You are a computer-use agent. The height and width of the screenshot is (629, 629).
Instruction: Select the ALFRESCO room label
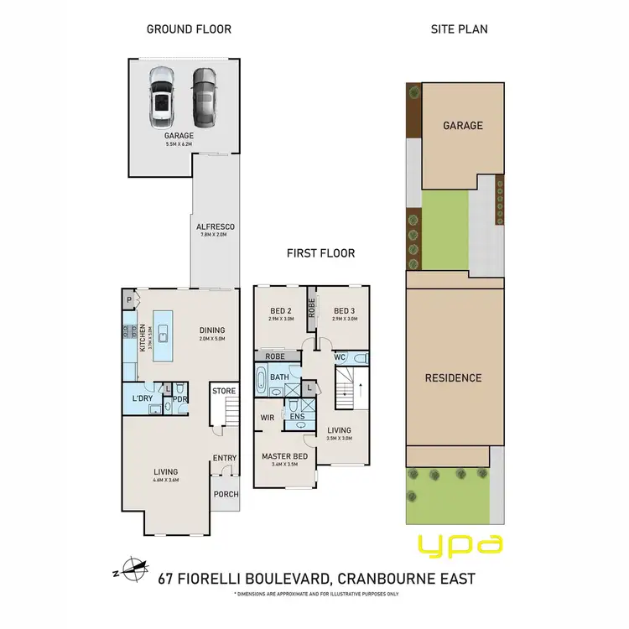(215, 226)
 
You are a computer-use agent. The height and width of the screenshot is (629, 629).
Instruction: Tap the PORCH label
(225, 494)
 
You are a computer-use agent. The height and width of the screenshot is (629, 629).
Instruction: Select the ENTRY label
(224, 458)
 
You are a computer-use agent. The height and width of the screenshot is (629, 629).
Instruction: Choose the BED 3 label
(345, 309)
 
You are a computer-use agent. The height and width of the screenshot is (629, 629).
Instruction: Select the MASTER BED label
(283, 455)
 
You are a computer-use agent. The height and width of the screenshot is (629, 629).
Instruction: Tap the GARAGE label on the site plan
(463, 126)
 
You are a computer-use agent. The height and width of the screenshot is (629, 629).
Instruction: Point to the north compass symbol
(133, 570)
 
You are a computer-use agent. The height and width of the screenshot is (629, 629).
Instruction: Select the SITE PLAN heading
(459, 29)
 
